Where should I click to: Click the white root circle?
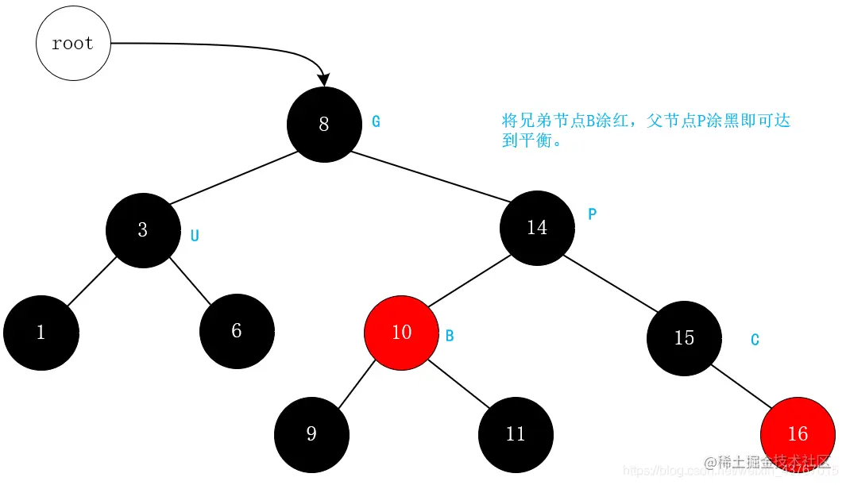click(x=73, y=44)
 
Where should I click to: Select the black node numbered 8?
click(x=323, y=125)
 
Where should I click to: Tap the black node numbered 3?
click(x=143, y=230)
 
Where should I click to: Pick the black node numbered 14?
click(x=537, y=228)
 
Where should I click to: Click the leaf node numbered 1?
click(x=41, y=333)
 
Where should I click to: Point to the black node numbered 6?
click(x=237, y=331)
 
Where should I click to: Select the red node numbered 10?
click(x=401, y=333)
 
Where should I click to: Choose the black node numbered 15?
click(x=684, y=338)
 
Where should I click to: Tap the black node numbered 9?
click(x=311, y=434)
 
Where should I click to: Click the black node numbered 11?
click(x=516, y=434)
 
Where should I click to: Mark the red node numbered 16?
click(x=798, y=434)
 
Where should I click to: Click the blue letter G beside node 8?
click(x=377, y=122)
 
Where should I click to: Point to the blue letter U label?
click(x=195, y=236)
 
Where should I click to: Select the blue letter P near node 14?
click(x=592, y=214)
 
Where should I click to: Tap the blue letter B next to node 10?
click(x=450, y=336)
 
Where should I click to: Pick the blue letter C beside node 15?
click(x=755, y=340)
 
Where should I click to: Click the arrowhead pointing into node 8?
click(x=323, y=79)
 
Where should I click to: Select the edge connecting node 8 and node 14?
click(x=430, y=175)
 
